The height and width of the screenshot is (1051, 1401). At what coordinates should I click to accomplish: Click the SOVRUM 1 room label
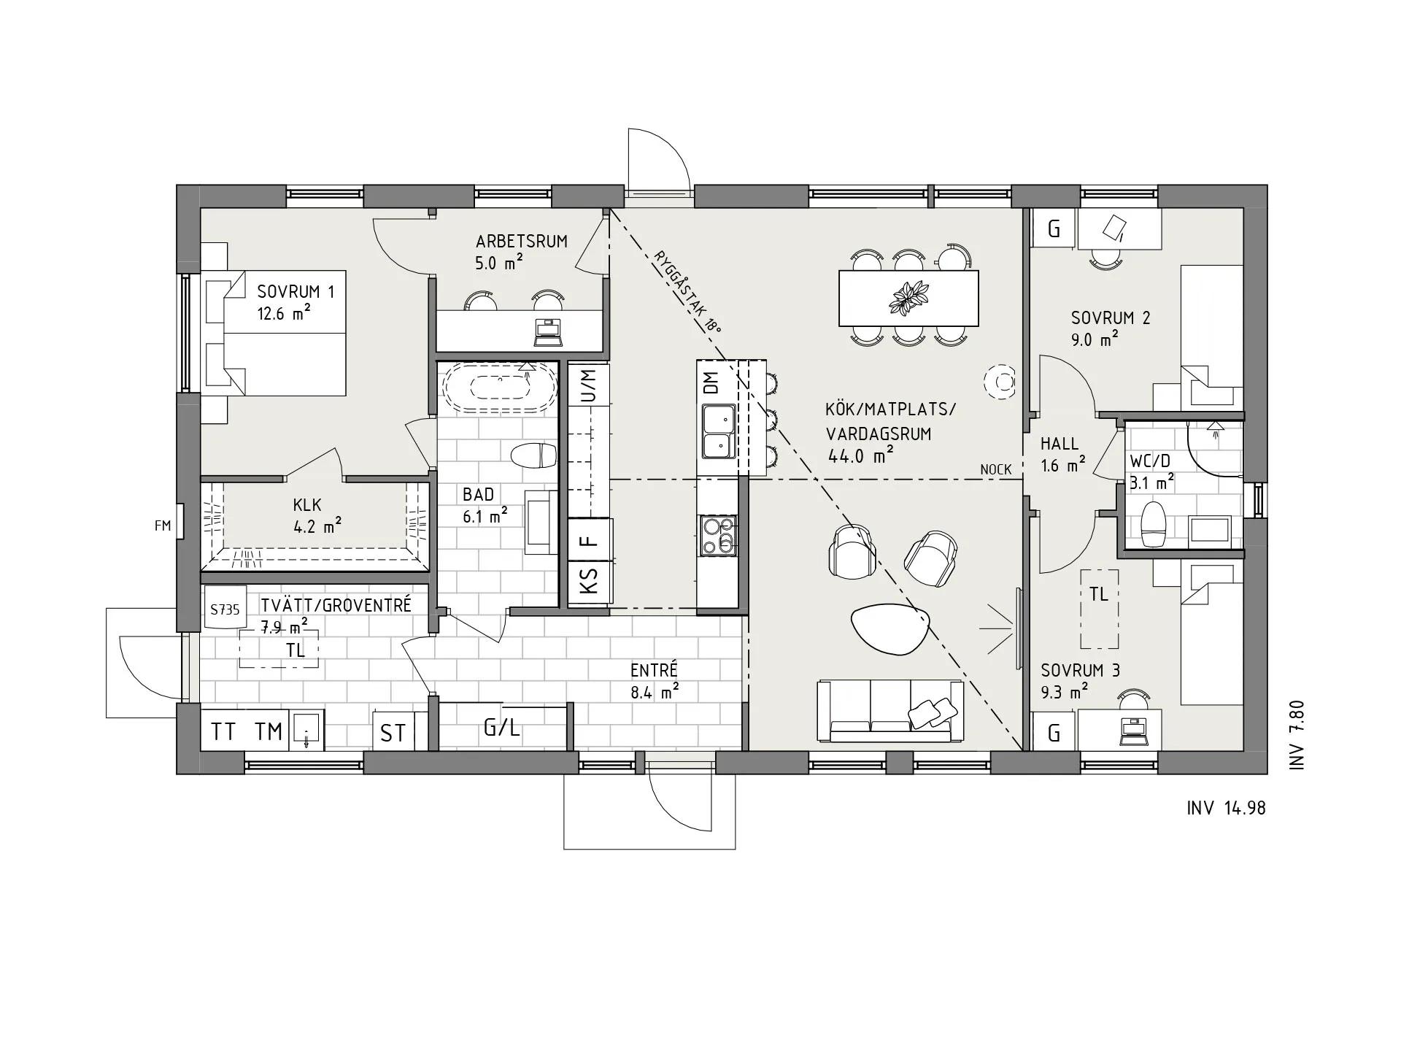click(296, 293)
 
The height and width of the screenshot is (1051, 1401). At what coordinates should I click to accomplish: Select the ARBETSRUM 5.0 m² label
click(521, 251)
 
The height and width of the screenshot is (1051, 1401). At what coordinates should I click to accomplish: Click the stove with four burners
click(717, 535)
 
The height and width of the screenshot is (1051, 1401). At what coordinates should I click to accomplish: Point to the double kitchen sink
click(717, 432)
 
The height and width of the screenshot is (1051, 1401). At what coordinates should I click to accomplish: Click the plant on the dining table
click(908, 298)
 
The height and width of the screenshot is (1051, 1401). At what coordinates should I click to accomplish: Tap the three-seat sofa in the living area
click(889, 712)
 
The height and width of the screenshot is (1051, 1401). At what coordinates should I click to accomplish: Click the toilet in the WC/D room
click(1153, 524)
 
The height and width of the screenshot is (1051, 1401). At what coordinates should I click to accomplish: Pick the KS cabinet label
click(589, 582)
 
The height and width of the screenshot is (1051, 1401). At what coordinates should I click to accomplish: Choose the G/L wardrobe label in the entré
click(502, 727)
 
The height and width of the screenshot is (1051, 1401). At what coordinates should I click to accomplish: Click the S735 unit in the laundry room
click(225, 609)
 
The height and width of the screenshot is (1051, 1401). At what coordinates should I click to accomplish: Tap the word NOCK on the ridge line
click(995, 469)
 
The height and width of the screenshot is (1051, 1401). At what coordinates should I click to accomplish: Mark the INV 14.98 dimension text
click(1226, 808)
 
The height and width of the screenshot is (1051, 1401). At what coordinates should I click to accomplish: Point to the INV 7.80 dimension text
click(1297, 735)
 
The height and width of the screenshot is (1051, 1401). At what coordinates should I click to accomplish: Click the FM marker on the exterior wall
click(163, 525)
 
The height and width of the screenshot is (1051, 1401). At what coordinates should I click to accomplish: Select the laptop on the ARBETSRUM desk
click(548, 332)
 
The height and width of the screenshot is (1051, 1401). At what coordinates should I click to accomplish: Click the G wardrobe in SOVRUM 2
click(1053, 229)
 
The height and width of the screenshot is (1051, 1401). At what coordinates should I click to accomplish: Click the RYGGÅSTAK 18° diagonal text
click(687, 292)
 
